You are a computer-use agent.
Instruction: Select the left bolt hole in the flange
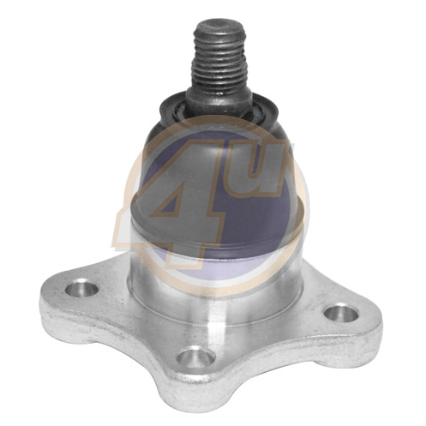click(x=81, y=287)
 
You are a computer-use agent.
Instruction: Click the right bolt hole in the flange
click(x=342, y=314)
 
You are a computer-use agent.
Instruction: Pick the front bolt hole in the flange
click(x=196, y=357)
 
